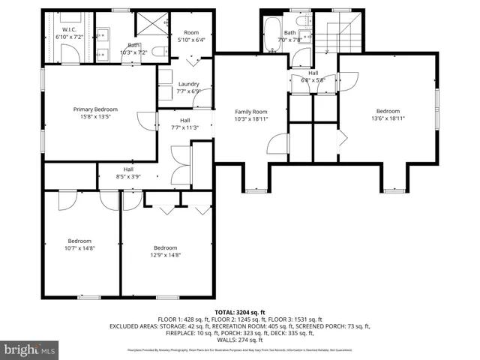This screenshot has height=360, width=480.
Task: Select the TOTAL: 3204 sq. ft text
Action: [239, 311]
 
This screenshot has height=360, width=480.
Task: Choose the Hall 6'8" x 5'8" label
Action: [313, 76]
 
